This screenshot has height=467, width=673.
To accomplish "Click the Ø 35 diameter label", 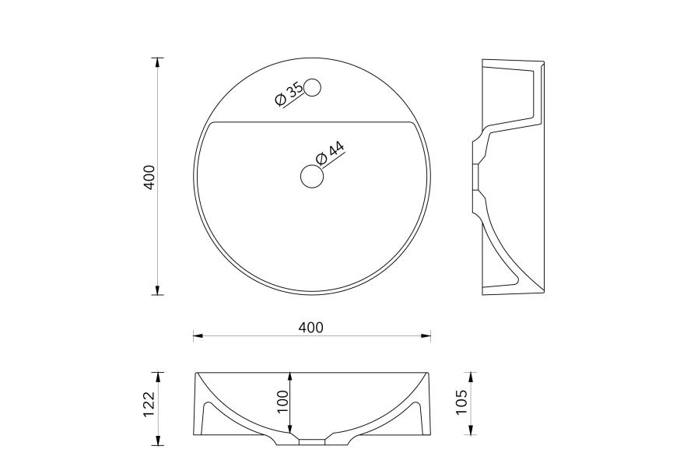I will pyautogui.click(x=289, y=93).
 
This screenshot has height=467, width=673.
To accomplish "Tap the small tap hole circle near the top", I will pyautogui.click(x=313, y=87).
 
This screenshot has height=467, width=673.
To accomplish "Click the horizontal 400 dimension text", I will pyautogui.click(x=311, y=328).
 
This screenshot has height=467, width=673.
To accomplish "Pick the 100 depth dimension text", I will pyautogui.click(x=282, y=402).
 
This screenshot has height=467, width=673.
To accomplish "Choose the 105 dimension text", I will pyautogui.click(x=461, y=403).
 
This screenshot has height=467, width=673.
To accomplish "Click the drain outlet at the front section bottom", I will pyautogui.click(x=312, y=441).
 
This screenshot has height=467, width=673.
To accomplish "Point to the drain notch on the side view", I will pyautogui.click(x=476, y=177).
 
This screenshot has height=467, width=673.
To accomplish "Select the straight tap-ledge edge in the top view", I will pyautogui.click(x=311, y=122).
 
